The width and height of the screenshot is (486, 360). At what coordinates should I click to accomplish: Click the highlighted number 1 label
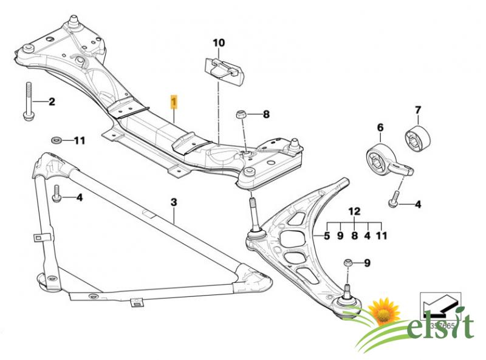click(x=174, y=100)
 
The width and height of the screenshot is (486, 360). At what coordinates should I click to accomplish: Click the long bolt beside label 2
click(x=28, y=100)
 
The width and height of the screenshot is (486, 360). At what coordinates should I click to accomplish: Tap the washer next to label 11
click(x=56, y=141)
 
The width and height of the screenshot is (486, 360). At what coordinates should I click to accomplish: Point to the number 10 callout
click(x=218, y=43)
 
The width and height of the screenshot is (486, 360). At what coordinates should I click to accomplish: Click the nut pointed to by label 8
click(x=241, y=114)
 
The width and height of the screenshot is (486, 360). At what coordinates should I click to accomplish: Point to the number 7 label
click(x=417, y=110)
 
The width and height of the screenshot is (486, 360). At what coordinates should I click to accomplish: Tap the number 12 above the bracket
click(x=354, y=211)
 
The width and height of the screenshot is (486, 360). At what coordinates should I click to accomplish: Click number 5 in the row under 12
click(x=327, y=236)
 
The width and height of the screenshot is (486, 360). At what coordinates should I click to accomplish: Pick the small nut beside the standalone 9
click(x=348, y=262)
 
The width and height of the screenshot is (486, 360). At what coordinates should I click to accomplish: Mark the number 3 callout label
click(x=173, y=202)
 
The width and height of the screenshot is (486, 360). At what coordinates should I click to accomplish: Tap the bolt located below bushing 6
click(x=394, y=199)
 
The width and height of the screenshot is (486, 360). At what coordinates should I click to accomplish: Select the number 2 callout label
click(x=52, y=101)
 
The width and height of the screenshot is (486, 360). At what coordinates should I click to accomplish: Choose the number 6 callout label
click(x=381, y=127)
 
